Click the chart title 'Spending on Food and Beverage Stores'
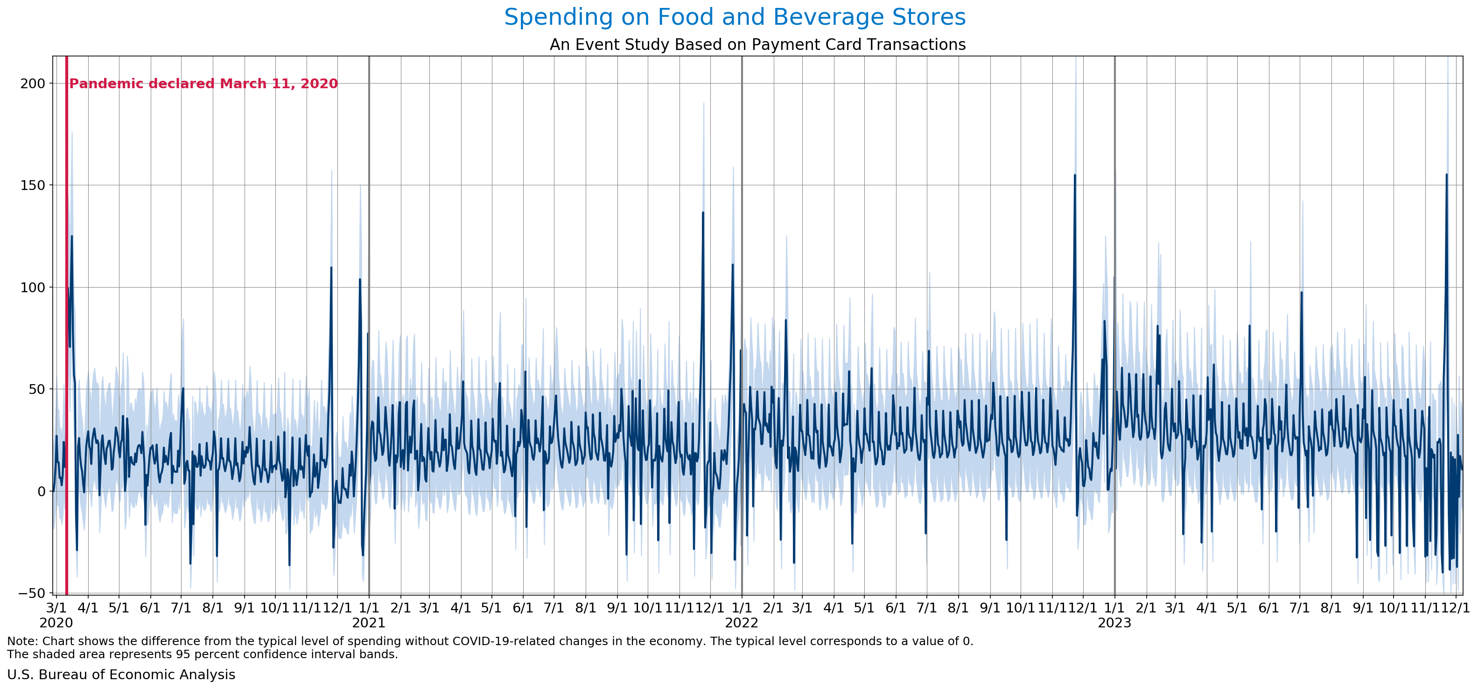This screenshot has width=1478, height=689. tap(735, 17)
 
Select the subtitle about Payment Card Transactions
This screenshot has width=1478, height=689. tap(757, 45)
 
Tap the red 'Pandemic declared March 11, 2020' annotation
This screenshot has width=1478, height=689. tap(203, 84)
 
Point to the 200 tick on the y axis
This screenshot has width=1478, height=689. tap(33, 84)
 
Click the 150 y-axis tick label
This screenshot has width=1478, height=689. tap(33, 185)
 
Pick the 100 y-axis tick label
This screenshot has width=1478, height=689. tap(33, 288)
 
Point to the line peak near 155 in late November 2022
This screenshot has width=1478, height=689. tap(1075, 176)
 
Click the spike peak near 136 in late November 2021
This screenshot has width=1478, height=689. tap(703, 213)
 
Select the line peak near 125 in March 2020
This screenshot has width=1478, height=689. tap(72, 236)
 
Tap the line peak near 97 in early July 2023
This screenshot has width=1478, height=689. tap(1301, 293)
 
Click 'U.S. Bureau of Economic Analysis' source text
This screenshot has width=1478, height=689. tap(121, 675)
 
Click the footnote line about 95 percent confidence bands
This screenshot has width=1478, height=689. tap(202, 654)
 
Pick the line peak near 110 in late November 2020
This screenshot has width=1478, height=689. tap(331, 267)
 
